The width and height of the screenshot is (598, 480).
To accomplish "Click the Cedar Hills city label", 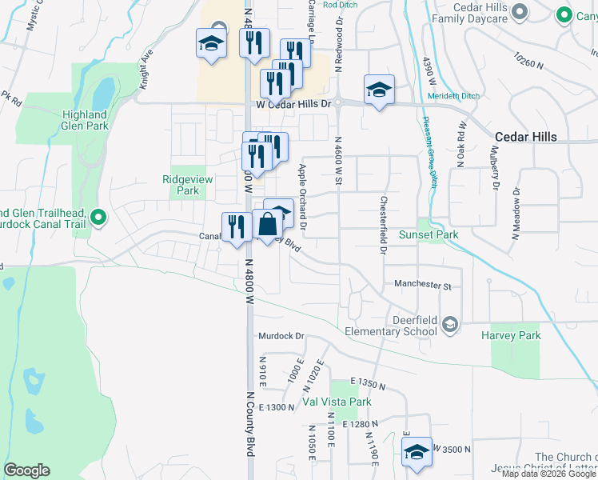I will click(525, 137).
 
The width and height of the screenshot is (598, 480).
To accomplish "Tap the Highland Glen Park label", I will click(85, 120).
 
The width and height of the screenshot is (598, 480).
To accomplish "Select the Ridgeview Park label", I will click(187, 186).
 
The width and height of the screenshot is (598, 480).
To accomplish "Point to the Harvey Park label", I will click(510, 336).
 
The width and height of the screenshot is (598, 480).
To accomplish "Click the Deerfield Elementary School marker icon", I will click(450, 324).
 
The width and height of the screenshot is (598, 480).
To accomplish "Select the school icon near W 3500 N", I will click(417, 451).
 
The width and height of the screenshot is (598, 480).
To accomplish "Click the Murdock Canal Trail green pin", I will click(98, 217).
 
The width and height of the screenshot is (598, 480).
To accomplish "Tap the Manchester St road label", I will click(423, 285).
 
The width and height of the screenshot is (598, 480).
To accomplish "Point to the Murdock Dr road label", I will click(281, 337).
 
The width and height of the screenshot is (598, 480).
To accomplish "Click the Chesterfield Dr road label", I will click(385, 225).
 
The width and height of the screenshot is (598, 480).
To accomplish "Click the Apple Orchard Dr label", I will click(303, 200).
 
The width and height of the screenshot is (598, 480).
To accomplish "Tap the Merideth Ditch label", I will click(454, 96).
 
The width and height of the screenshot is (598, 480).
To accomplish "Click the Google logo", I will click(26, 470).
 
